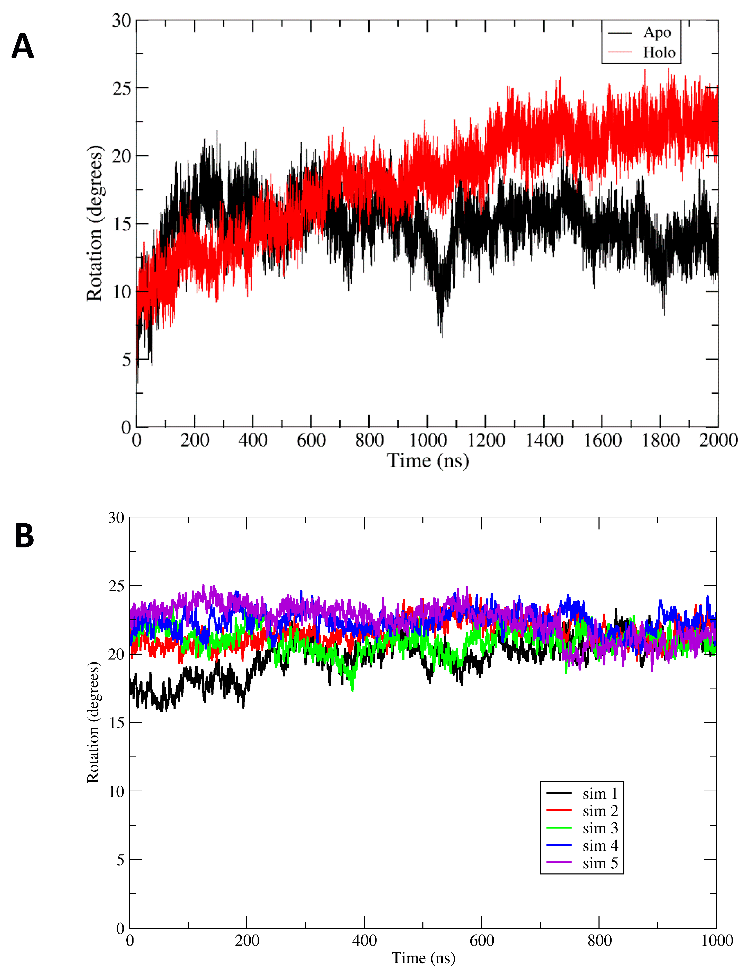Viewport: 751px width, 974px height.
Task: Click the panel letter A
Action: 22,46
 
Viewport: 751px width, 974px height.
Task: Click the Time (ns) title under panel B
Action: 423,958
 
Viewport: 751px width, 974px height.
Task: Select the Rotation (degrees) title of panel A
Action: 95,223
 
